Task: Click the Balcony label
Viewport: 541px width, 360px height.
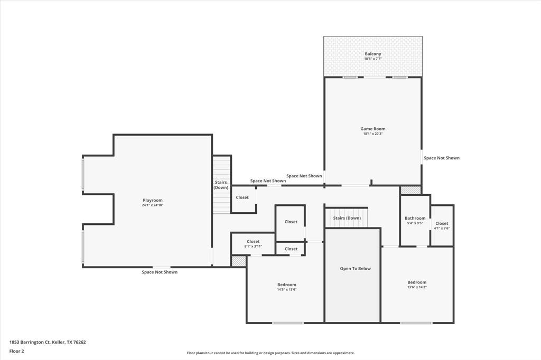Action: (x=372, y=54)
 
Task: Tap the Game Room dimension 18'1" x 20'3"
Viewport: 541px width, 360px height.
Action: (x=372, y=134)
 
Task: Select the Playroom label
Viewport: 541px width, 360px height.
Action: (x=153, y=200)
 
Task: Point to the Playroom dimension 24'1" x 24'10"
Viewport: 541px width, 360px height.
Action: (x=153, y=205)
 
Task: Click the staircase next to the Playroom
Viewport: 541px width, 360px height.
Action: (x=221, y=185)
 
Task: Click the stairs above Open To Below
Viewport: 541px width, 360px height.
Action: (x=347, y=218)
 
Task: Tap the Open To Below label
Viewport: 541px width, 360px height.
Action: (x=355, y=269)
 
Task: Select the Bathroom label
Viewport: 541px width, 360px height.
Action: (x=415, y=218)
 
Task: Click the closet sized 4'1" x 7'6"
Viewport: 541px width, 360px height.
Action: (x=442, y=226)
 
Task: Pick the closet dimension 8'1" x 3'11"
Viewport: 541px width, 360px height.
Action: (x=253, y=246)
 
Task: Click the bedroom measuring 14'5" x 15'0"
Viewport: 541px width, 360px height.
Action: (x=287, y=287)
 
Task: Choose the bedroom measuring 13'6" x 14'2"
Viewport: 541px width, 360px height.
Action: (x=417, y=285)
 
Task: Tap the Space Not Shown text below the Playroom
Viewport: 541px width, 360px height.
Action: (x=160, y=272)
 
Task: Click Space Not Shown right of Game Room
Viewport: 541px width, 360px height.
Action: (x=442, y=158)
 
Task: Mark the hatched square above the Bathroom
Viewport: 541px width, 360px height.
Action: (x=411, y=190)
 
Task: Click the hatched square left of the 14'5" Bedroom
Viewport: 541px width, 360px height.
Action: (x=239, y=261)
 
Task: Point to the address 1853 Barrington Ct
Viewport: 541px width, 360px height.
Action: (x=48, y=342)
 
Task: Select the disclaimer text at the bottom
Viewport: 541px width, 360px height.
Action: (x=270, y=353)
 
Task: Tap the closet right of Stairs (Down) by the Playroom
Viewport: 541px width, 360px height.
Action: (x=242, y=197)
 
